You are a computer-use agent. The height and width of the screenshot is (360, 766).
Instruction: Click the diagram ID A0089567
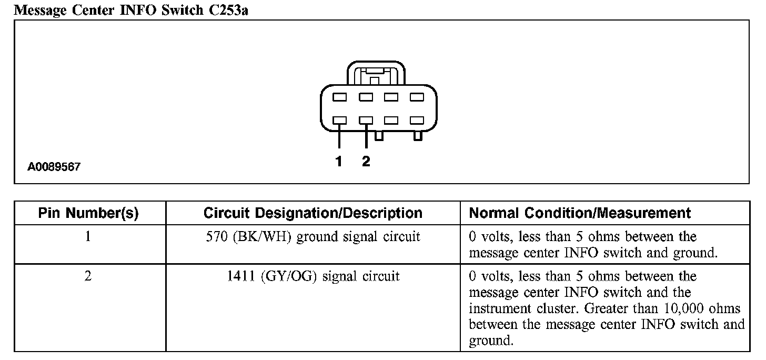(54, 167)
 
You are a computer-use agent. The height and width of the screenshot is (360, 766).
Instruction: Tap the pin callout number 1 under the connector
(339, 162)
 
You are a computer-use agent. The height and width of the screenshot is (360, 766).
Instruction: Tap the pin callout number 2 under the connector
(366, 162)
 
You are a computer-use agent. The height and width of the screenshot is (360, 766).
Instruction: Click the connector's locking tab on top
(376, 74)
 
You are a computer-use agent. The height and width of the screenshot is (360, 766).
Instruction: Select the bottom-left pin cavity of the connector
(339, 121)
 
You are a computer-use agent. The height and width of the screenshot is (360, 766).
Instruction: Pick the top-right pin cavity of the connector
(417, 97)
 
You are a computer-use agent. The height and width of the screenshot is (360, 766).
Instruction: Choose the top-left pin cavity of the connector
(339, 97)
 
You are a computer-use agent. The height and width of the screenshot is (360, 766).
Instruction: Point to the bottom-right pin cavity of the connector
(417, 121)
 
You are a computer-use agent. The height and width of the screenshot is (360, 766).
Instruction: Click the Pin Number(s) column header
(88, 213)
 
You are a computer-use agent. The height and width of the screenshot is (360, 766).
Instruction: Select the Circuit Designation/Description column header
(313, 213)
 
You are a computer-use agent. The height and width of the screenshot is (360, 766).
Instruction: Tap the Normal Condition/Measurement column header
(580, 213)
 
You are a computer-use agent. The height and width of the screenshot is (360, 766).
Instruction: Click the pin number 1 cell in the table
(88, 237)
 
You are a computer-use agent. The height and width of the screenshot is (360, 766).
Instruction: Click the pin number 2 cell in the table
(88, 276)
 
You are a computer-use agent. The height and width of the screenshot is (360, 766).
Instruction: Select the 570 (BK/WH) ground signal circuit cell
(313, 237)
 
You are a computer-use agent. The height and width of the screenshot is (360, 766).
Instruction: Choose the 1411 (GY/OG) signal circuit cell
(313, 276)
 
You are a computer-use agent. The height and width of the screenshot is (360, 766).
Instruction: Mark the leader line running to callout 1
(339, 137)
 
